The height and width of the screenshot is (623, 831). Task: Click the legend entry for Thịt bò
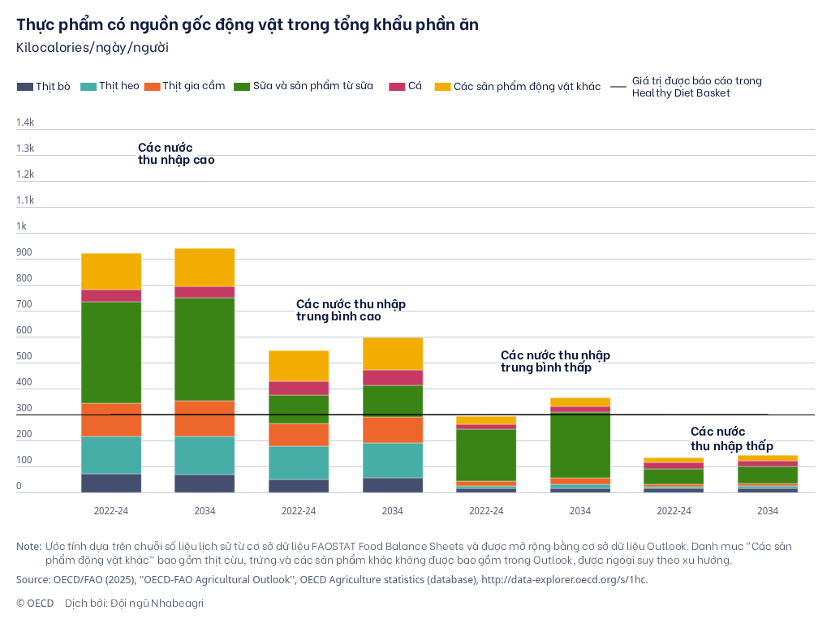(44, 86)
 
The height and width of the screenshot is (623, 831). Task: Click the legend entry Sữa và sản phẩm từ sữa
(304, 86)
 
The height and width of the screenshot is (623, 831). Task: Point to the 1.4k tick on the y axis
(25, 122)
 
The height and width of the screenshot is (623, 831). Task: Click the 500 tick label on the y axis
(24, 357)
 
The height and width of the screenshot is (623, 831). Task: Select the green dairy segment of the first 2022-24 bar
(111, 352)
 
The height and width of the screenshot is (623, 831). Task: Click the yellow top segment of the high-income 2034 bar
(205, 267)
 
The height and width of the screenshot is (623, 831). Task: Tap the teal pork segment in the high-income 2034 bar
(205, 455)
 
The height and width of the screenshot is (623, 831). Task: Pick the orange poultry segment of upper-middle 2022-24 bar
(299, 434)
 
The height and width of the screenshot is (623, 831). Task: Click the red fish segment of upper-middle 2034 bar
(393, 377)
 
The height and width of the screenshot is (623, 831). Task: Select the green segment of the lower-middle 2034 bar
(580, 445)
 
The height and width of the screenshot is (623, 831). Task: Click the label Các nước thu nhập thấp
(731, 439)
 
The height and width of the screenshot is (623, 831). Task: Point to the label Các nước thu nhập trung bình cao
(351, 310)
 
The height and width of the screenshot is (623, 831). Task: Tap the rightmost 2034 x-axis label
(768, 511)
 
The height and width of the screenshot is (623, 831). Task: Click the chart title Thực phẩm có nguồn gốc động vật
(248, 24)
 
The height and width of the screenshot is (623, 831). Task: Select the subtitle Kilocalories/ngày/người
(93, 47)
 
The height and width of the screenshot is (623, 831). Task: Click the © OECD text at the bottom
(35, 603)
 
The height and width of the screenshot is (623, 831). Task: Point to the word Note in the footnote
(28, 546)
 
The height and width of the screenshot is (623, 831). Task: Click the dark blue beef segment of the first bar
(111, 483)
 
